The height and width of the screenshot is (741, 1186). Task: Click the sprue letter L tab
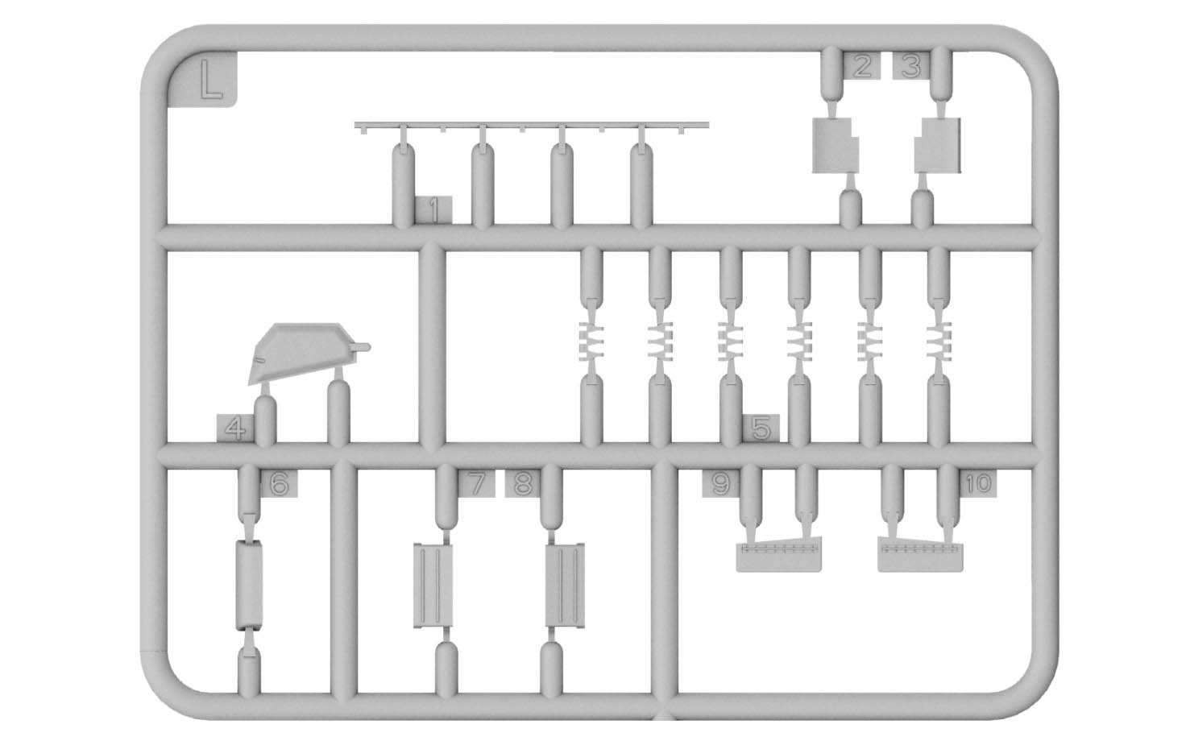[x=203, y=80]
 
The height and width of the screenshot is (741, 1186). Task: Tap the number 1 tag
[x=433, y=209]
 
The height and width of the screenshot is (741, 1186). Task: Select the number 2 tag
[x=861, y=65]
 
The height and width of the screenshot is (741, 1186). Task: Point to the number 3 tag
[x=911, y=65]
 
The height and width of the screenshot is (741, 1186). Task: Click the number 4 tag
[x=235, y=428]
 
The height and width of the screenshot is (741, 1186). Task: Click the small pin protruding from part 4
[x=362, y=347]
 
